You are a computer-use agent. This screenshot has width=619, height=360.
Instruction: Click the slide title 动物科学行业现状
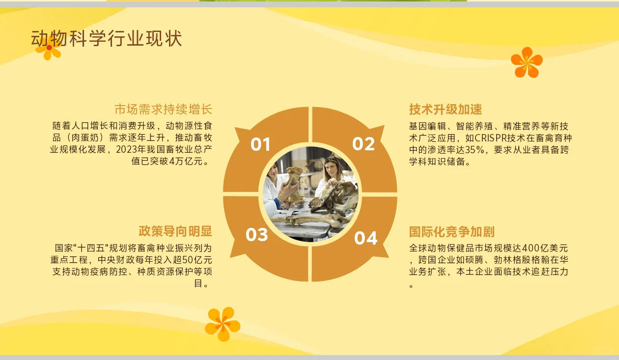click(x=107, y=39)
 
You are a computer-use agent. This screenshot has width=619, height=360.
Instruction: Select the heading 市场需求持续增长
click(x=163, y=109)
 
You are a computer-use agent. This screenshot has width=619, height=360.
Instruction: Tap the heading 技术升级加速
click(x=446, y=109)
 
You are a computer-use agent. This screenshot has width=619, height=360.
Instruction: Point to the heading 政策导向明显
click(x=175, y=231)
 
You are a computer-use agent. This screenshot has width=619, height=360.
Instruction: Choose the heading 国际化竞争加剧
click(x=452, y=232)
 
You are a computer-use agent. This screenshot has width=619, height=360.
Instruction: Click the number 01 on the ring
click(x=260, y=144)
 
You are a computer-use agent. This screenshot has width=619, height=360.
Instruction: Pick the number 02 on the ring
click(x=364, y=144)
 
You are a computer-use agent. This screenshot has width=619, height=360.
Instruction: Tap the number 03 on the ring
click(x=257, y=235)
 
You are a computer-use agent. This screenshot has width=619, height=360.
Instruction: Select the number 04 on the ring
click(x=366, y=238)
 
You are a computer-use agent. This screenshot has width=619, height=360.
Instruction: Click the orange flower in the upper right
click(x=527, y=62)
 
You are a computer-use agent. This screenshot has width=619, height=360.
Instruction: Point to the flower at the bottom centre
click(x=223, y=324)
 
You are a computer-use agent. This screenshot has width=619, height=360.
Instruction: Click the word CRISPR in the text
click(x=492, y=138)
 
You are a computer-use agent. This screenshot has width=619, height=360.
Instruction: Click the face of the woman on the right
click(x=334, y=168)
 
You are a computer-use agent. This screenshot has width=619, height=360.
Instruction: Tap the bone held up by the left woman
click(x=294, y=182)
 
